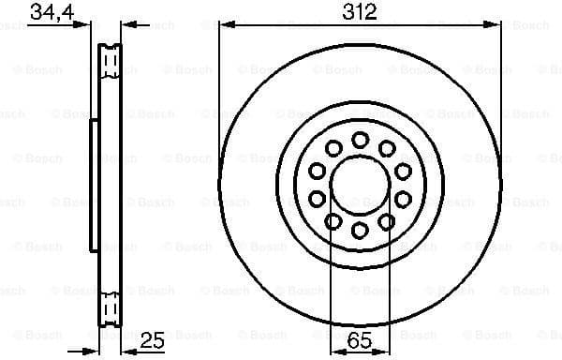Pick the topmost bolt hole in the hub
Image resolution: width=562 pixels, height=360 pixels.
point(360,139)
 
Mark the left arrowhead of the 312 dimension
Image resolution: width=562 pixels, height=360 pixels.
point(225,25)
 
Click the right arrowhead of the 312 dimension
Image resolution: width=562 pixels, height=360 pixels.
point(495,25)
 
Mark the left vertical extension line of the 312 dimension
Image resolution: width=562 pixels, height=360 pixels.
point(219,94)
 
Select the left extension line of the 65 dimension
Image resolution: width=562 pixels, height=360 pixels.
point(332,281)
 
